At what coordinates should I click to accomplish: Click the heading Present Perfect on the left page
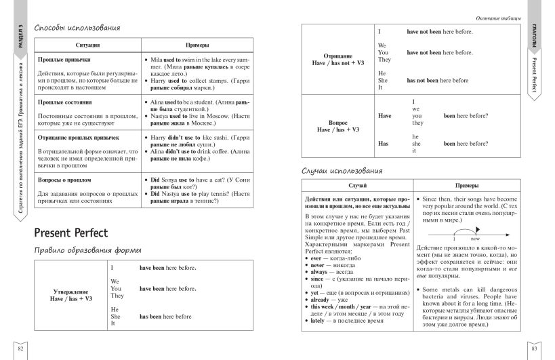point(71,233)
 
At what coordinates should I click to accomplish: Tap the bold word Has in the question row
point(383,144)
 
